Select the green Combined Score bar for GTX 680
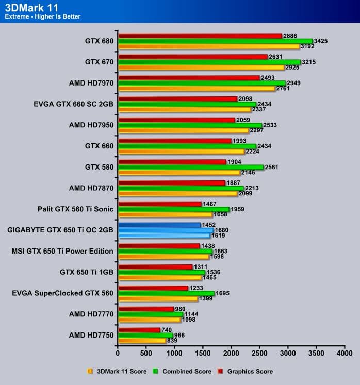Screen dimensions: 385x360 pyautogui.click(x=215, y=41)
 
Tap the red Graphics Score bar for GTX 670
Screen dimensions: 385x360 pyautogui.click(x=193, y=57)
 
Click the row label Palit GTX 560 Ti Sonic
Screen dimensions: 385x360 pyautogui.click(x=75, y=209)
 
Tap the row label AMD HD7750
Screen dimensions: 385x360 pyautogui.click(x=91, y=335)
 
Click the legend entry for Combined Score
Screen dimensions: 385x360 pyautogui.click(x=185, y=371)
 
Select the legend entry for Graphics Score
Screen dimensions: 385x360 pyautogui.click(x=250, y=371)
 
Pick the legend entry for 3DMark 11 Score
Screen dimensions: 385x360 pyautogui.click(x=121, y=371)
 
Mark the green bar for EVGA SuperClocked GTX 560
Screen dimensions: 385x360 pyautogui.click(x=166, y=293)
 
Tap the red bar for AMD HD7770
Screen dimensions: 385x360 pyautogui.click(x=146, y=309)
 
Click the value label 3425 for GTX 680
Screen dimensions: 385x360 pyautogui.click(x=322, y=41)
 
